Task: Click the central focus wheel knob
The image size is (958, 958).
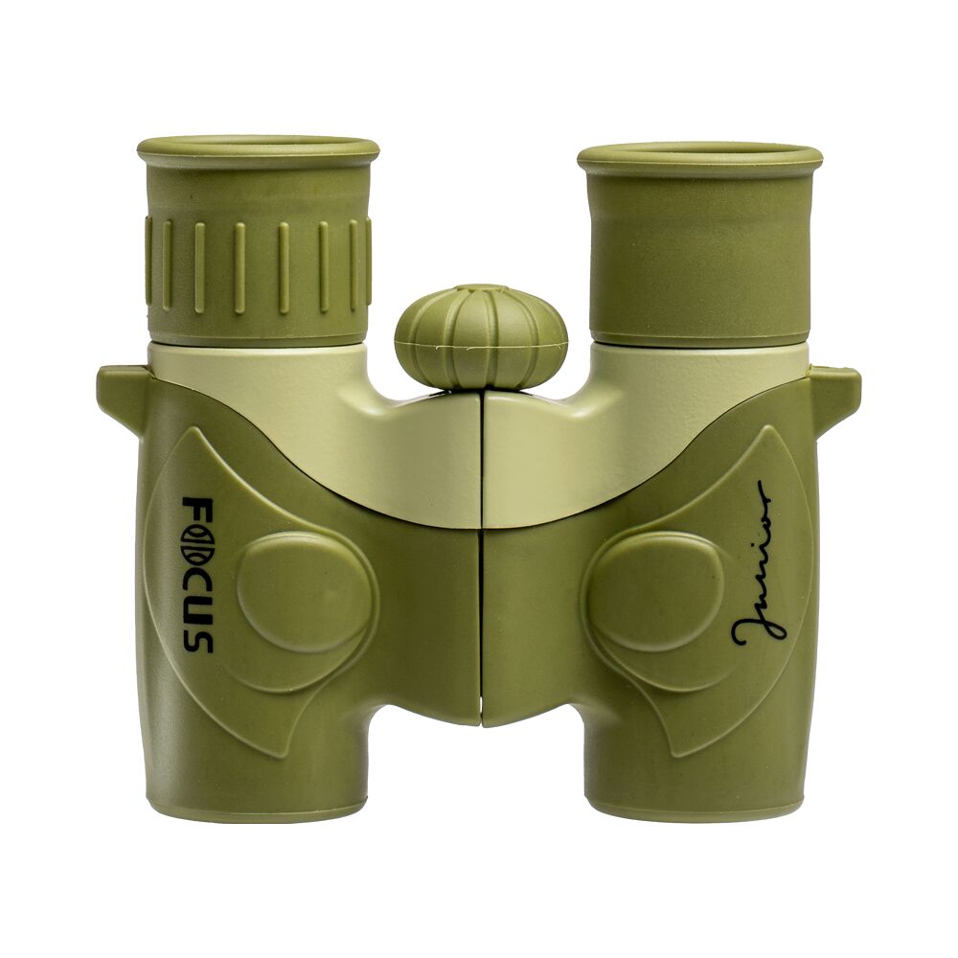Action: click(x=481, y=336)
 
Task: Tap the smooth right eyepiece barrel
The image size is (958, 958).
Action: click(x=699, y=259)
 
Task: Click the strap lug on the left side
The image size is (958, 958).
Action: click(x=119, y=392)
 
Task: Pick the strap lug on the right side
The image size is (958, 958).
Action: click(x=836, y=393)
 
